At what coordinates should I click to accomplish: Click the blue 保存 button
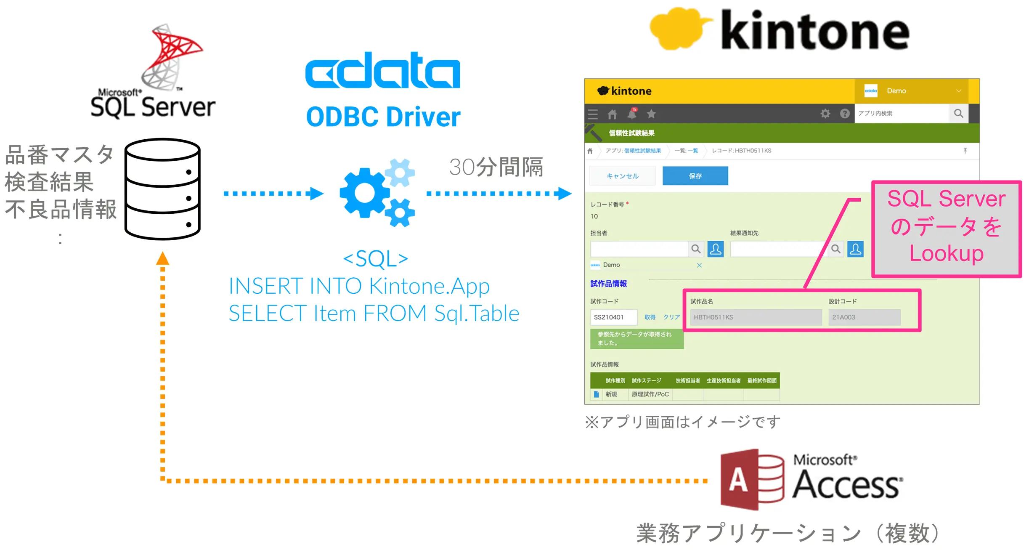[695, 176]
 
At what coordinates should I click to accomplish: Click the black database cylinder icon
[162, 189]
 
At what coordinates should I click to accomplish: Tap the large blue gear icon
[364, 193]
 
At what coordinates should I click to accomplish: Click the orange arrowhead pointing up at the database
[162, 258]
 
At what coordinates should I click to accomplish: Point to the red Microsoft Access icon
[752, 480]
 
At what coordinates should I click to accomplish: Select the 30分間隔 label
[496, 167]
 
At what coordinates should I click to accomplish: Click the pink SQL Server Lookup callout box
[947, 229]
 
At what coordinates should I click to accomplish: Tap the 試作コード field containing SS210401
[613, 317]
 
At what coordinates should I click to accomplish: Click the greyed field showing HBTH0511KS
[756, 317]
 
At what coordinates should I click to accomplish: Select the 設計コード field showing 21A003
[864, 317]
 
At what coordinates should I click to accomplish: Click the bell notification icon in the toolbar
[632, 114]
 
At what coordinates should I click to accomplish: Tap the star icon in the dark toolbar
[651, 114]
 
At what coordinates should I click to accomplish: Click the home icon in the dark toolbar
[613, 114]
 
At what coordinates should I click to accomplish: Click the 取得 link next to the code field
[650, 317]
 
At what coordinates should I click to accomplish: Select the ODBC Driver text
[383, 117]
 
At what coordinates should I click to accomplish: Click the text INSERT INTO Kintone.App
[359, 286]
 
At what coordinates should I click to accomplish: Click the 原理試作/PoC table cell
[650, 394]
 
